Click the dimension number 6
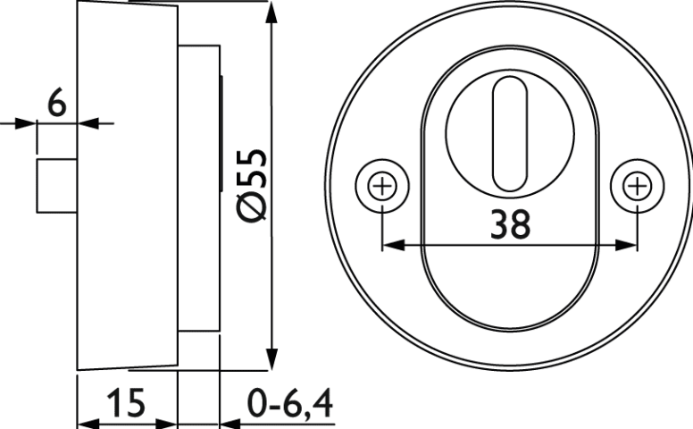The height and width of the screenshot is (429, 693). [56, 102]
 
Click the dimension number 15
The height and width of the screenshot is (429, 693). [127, 402]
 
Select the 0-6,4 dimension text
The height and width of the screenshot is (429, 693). [289, 403]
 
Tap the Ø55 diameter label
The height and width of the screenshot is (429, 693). [253, 185]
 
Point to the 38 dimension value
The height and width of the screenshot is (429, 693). [511, 223]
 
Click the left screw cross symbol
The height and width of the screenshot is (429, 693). [382, 186]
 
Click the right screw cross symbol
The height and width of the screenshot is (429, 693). [637, 186]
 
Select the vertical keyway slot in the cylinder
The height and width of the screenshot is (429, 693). [510, 134]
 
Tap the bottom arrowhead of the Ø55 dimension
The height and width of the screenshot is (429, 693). [272, 358]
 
